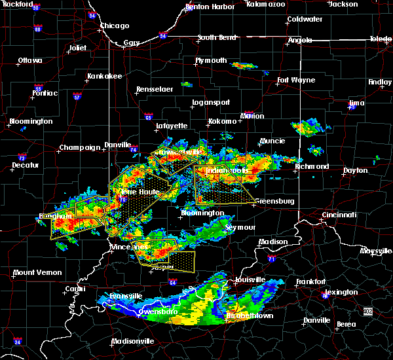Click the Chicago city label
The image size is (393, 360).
pyautogui.click(x=115, y=26)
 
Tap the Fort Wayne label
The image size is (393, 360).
pyautogui.click(x=292, y=81)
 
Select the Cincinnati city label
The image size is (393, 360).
pyautogui.click(x=340, y=215)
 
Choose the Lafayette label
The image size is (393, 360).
pyautogui.click(x=172, y=126)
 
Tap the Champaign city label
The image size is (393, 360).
pyautogui.click(x=80, y=147)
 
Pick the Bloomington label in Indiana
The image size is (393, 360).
pyautogui.click(x=202, y=213)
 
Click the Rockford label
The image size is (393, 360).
pyautogui.click(x=17, y=5)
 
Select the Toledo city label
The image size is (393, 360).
pyautogui.click(x=381, y=39)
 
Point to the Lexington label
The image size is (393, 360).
pyautogui.click(x=341, y=292)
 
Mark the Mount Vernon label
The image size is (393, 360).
pyautogui.click(x=37, y=272)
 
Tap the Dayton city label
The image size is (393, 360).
pyautogui.click(x=355, y=170)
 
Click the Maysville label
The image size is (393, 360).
pyautogui.click(x=376, y=251)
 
